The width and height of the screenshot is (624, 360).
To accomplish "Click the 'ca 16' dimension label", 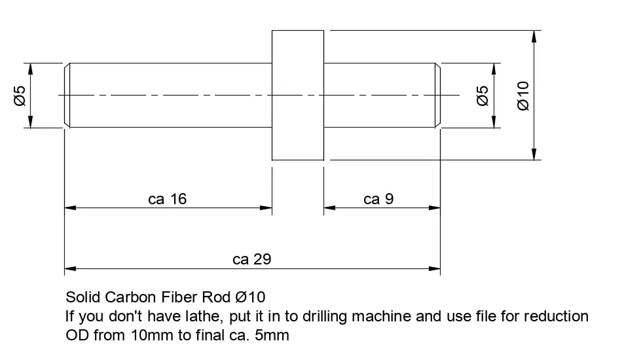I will click(168, 199).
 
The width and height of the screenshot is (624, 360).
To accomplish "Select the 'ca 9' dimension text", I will click(378, 199).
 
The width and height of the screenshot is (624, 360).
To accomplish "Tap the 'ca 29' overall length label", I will click(251, 259).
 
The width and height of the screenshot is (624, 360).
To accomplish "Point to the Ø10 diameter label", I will click(523, 96).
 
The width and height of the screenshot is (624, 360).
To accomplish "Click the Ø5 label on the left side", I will click(19, 96).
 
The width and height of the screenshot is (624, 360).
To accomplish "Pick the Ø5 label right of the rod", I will click(483, 96).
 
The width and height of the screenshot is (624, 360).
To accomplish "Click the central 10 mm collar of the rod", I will click(298, 96).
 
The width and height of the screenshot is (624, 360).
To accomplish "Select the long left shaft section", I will click(170, 96).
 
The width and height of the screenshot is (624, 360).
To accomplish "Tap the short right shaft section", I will click(380, 96).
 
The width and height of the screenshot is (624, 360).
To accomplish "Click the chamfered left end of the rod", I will click(67, 96).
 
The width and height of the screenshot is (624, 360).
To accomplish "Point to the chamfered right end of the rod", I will click(437, 96).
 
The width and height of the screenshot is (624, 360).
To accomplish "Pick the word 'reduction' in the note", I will click(557, 317).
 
